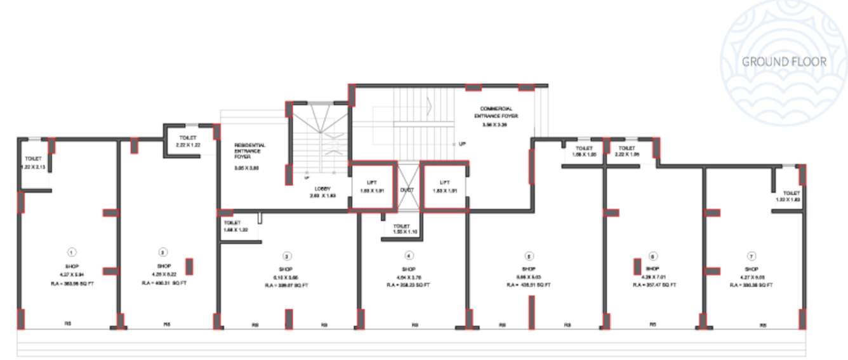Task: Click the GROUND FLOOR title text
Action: click(785, 62)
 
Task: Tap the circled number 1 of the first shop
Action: click(72, 252)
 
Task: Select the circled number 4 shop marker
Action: click(409, 256)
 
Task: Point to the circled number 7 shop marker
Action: click(752, 257)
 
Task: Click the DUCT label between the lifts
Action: click(407, 190)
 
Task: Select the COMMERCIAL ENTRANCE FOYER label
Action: click(496, 113)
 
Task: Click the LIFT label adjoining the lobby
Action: click(372, 182)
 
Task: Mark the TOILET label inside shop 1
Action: click(33, 159)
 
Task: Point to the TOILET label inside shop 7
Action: click(791, 193)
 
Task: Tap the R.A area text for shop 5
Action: click(529, 286)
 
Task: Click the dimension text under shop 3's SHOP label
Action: click(287, 277)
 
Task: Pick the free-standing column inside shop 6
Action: click(637, 267)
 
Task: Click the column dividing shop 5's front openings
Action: click(531, 312)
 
